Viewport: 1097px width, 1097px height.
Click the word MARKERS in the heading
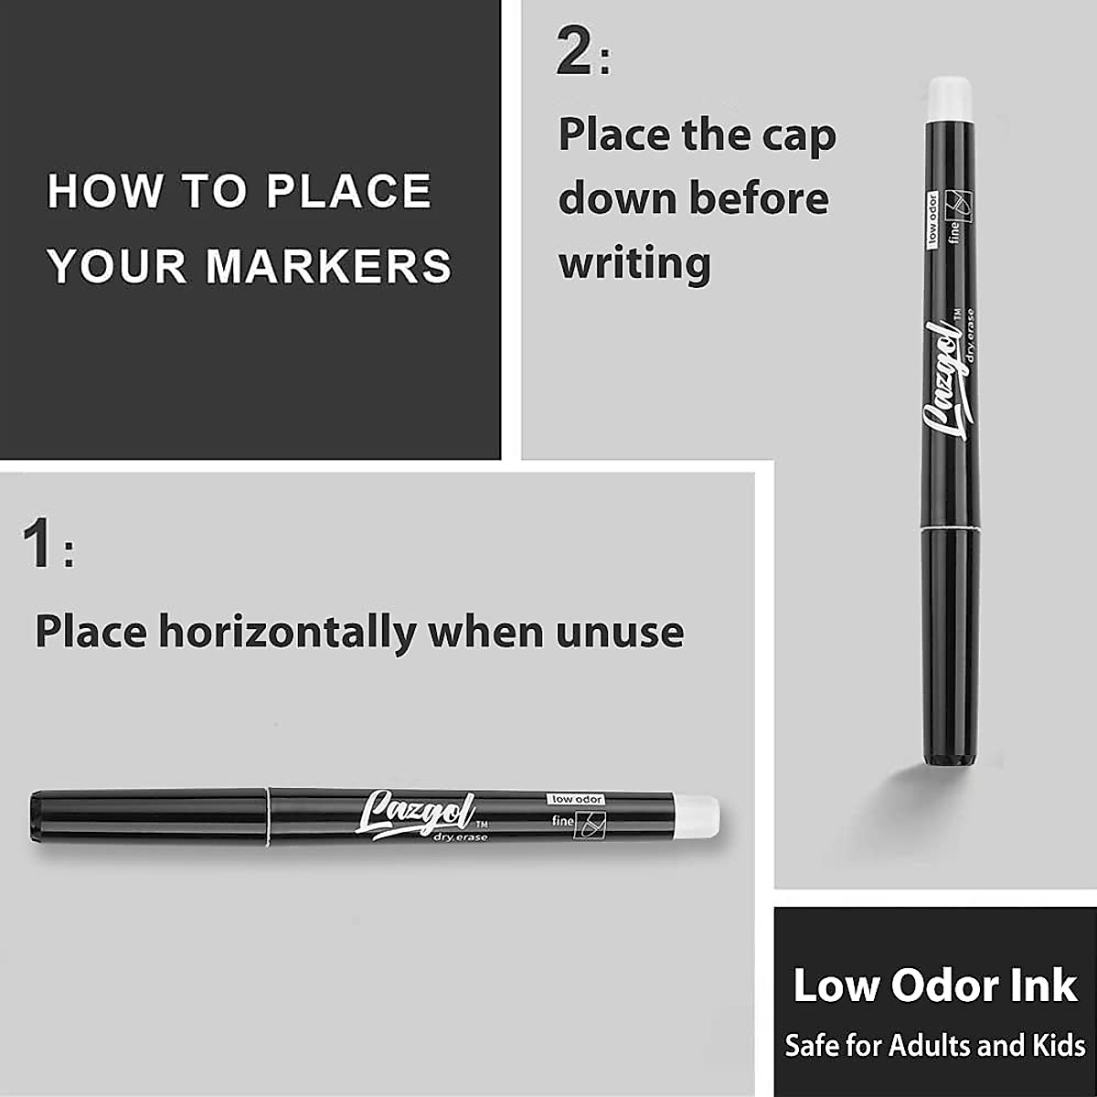[329, 265]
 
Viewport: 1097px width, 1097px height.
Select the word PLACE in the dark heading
[348, 191]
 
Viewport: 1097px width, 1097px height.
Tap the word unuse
[619, 633]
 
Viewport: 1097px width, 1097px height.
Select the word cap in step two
[795, 135]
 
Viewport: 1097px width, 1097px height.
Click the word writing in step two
[634, 263]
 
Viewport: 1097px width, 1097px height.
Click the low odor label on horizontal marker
[576, 799]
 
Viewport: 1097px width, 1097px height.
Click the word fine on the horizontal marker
[562, 822]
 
